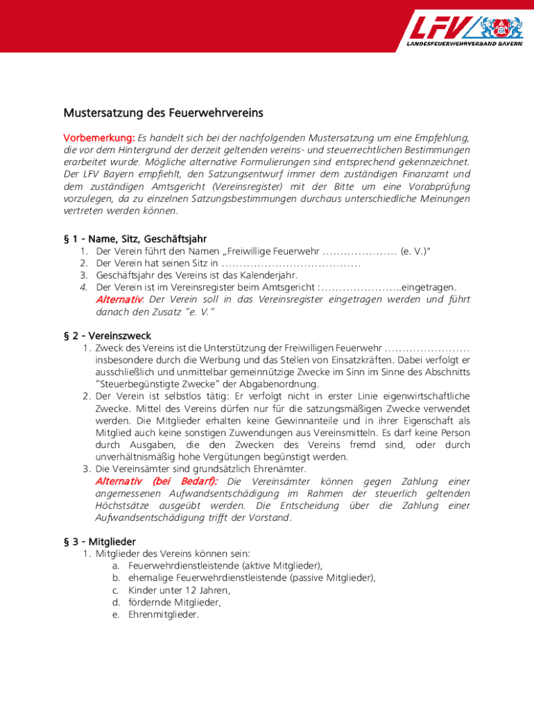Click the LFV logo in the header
(x=464, y=28)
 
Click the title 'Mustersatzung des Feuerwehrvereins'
(x=164, y=112)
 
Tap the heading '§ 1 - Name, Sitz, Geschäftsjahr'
(x=135, y=239)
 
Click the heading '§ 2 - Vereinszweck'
(x=107, y=336)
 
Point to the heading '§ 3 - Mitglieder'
(x=100, y=541)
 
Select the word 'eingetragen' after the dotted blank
(x=428, y=287)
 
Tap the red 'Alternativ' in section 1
(x=119, y=300)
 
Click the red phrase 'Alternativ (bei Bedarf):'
(x=156, y=481)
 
